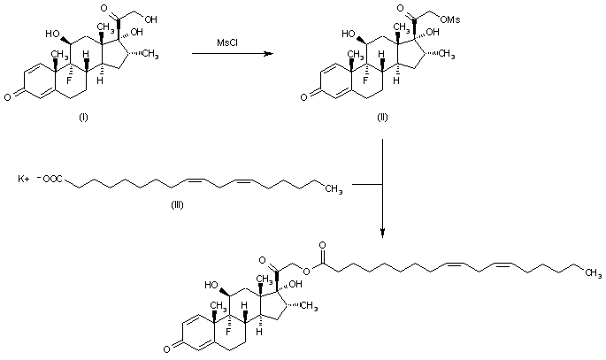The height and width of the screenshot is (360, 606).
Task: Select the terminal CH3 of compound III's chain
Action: pyautogui.click(x=334, y=188)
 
